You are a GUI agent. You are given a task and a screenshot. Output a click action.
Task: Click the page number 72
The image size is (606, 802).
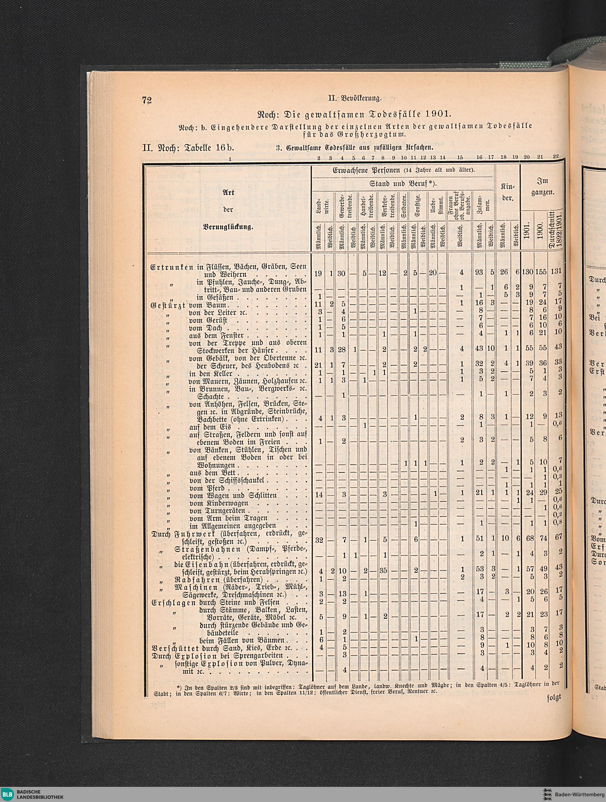tap(146, 101)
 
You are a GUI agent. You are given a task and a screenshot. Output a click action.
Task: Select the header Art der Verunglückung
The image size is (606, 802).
tap(228, 210)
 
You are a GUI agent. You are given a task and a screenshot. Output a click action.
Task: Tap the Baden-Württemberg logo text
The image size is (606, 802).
tap(580, 792)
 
